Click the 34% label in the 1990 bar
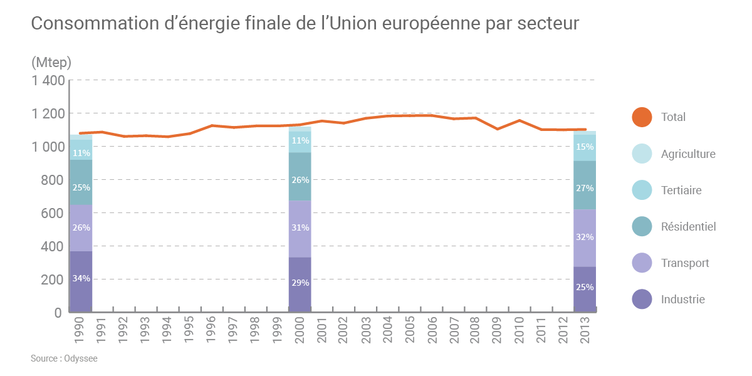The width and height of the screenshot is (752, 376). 81,278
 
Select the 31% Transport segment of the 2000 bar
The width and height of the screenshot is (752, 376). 300,228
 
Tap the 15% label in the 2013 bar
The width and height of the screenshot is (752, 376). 585,147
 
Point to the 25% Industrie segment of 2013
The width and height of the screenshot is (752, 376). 585,288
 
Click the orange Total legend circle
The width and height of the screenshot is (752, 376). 642,117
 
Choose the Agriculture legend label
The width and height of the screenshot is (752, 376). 688,154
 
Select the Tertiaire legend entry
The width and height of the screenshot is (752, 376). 681,190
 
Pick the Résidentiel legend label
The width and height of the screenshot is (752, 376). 688,226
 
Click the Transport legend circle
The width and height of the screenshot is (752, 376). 642,263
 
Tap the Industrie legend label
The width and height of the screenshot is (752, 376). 682,299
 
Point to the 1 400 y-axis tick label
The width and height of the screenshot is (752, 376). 48,80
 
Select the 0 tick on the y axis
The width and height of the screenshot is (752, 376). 58,312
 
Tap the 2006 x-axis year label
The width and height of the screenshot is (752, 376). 432,328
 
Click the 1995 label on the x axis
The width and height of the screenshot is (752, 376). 189,328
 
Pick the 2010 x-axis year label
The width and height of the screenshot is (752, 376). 520,328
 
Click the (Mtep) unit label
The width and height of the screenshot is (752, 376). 51,63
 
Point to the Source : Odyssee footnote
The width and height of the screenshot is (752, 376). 64,358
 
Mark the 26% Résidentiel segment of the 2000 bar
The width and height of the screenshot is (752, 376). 300,180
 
